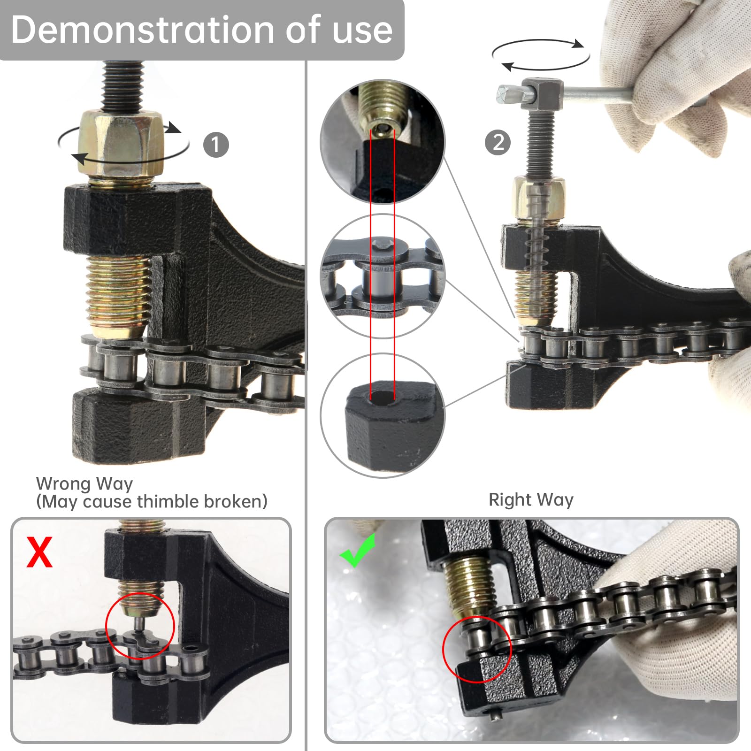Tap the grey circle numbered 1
(216, 145)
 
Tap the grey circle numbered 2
(498, 142)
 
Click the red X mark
(39, 552)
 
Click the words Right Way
(531, 499)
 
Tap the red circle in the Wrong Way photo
(140, 626)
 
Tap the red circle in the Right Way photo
(476, 649)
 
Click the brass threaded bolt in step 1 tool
(120, 293)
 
